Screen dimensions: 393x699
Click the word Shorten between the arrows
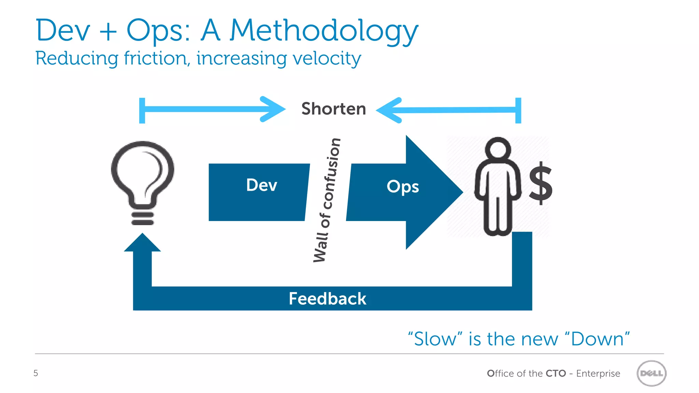point(333,109)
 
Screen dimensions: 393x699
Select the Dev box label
point(261,185)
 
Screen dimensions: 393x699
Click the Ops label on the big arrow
point(402,187)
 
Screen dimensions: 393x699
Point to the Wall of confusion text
point(327,200)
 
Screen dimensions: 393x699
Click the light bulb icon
point(143,174)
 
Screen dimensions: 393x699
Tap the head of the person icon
point(498,148)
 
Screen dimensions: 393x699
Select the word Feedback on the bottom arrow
point(327,299)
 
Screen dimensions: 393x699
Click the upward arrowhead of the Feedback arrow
point(142,243)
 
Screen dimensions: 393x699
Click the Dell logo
point(651,373)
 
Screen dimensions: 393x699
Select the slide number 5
point(35,373)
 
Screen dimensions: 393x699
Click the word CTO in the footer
point(556,374)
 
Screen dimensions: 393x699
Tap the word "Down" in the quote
point(597,339)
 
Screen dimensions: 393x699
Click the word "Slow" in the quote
point(435,339)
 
